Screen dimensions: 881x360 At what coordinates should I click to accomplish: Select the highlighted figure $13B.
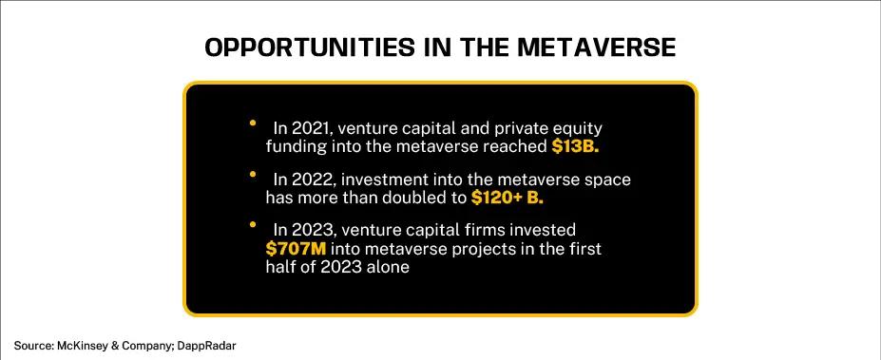[x=574, y=146]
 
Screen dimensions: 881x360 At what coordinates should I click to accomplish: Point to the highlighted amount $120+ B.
[x=508, y=198]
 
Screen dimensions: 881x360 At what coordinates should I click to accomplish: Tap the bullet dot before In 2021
[x=253, y=123]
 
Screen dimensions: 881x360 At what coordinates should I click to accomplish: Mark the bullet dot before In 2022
[x=253, y=174]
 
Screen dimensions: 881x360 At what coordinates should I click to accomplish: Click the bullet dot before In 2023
[x=253, y=225]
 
